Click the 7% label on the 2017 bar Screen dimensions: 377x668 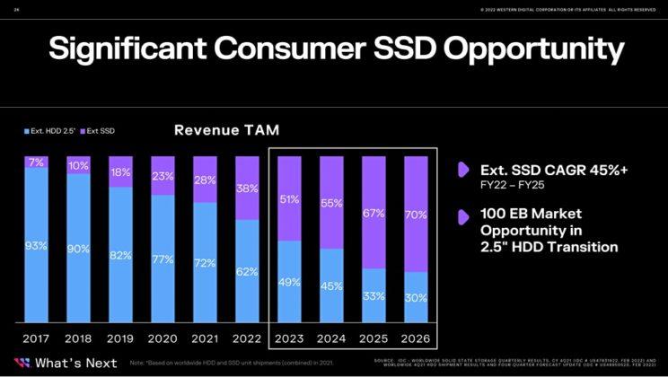(37, 162)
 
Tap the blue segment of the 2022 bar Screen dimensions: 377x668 (247, 270)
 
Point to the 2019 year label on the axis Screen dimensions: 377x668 (120, 339)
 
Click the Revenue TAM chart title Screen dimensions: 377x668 (221, 130)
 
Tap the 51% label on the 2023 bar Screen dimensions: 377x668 (289, 199)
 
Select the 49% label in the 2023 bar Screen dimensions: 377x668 (289, 282)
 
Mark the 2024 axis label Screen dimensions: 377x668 (331, 339)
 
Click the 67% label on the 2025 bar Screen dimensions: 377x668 (374, 213)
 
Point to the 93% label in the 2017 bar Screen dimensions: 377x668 (37, 245)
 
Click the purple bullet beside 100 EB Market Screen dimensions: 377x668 (463, 216)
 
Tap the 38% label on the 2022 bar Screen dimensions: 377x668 (247, 188)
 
